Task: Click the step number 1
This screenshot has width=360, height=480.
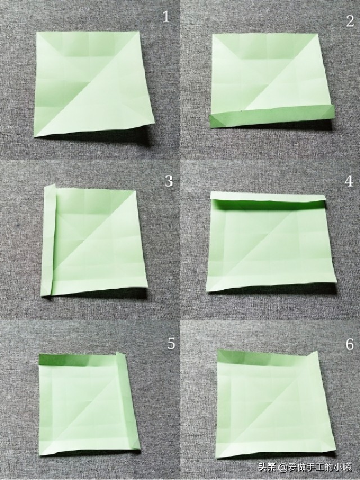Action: tap(166, 16)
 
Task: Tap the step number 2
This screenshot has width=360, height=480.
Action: tap(350, 21)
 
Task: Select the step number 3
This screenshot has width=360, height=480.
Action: tap(169, 181)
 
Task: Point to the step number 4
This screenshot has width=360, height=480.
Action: tap(349, 181)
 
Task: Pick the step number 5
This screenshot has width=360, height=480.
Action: tap(171, 344)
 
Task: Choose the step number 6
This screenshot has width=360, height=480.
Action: tap(349, 344)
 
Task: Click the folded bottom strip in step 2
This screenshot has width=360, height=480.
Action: tap(272, 116)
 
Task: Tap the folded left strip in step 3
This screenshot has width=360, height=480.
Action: tap(49, 240)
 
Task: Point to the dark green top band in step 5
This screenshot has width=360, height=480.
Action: tap(78, 360)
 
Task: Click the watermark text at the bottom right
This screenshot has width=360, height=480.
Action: tap(305, 467)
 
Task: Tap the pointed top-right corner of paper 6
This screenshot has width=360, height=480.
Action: tap(317, 352)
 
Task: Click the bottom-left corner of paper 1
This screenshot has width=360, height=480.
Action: tap(34, 136)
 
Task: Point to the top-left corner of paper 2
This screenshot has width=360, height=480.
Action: tap(213, 34)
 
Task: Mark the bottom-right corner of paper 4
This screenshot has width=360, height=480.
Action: tap(336, 281)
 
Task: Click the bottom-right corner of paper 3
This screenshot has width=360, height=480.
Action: tap(147, 286)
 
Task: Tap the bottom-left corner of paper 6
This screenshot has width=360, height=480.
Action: tap(216, 457)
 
